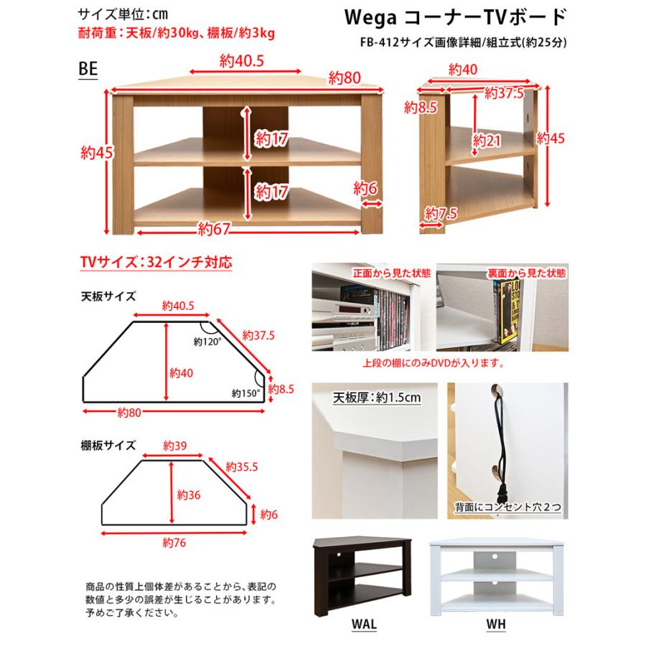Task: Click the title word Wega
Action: click(388, 17)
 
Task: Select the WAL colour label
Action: click(365, 624)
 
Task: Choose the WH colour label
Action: click(495, 624)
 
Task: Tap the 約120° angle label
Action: click(208, 342)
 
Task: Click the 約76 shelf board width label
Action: click(174, 542)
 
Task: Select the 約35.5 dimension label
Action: click(241, 467)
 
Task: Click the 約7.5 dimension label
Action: click(441, 213)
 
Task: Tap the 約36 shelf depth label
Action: click(188, 495)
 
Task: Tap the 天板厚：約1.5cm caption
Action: click(375, 397)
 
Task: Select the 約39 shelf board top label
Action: click(174, 446)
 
